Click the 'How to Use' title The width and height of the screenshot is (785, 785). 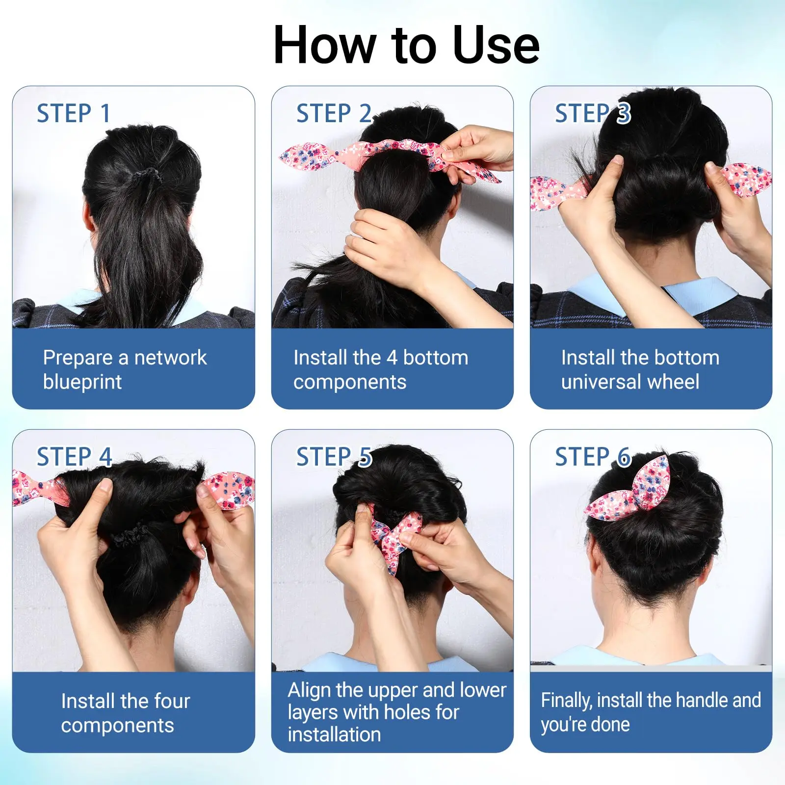pos(406,45)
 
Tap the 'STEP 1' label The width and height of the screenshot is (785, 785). pos(74,113)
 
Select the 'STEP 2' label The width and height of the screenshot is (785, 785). pos(334,113)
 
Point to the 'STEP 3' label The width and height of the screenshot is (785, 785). pos(593,113)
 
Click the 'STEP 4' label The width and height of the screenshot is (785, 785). pos(75,457)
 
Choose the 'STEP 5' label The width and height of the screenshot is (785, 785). pos(334,457)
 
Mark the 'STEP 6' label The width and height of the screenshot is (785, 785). pos(593,457)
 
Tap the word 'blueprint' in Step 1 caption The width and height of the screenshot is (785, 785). pos(82,382)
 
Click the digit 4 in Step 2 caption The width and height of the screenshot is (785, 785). pos(392,358)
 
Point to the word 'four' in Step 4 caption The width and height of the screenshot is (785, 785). pos(171,701)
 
